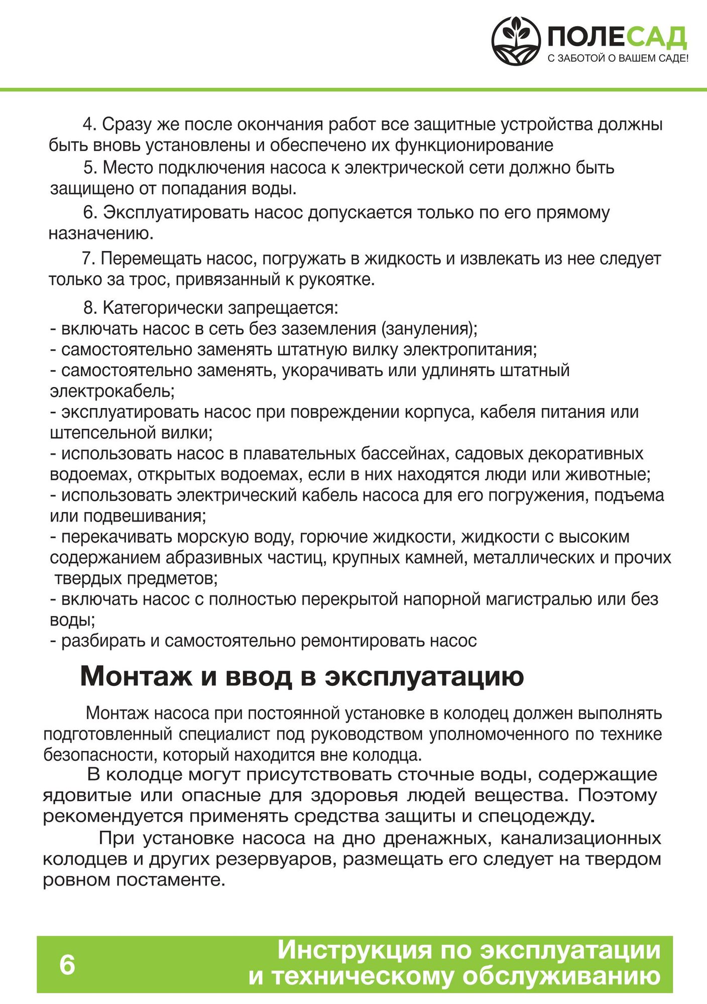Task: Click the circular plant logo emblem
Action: (x=516, y=41)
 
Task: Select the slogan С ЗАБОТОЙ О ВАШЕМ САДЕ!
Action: (x=618, y=59)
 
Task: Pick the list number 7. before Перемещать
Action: (x=88, y=259)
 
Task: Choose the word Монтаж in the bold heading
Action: (x=136, y=676)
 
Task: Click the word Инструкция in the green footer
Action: (x=355, y=950)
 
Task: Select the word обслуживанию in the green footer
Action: (x=561, y=977)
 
